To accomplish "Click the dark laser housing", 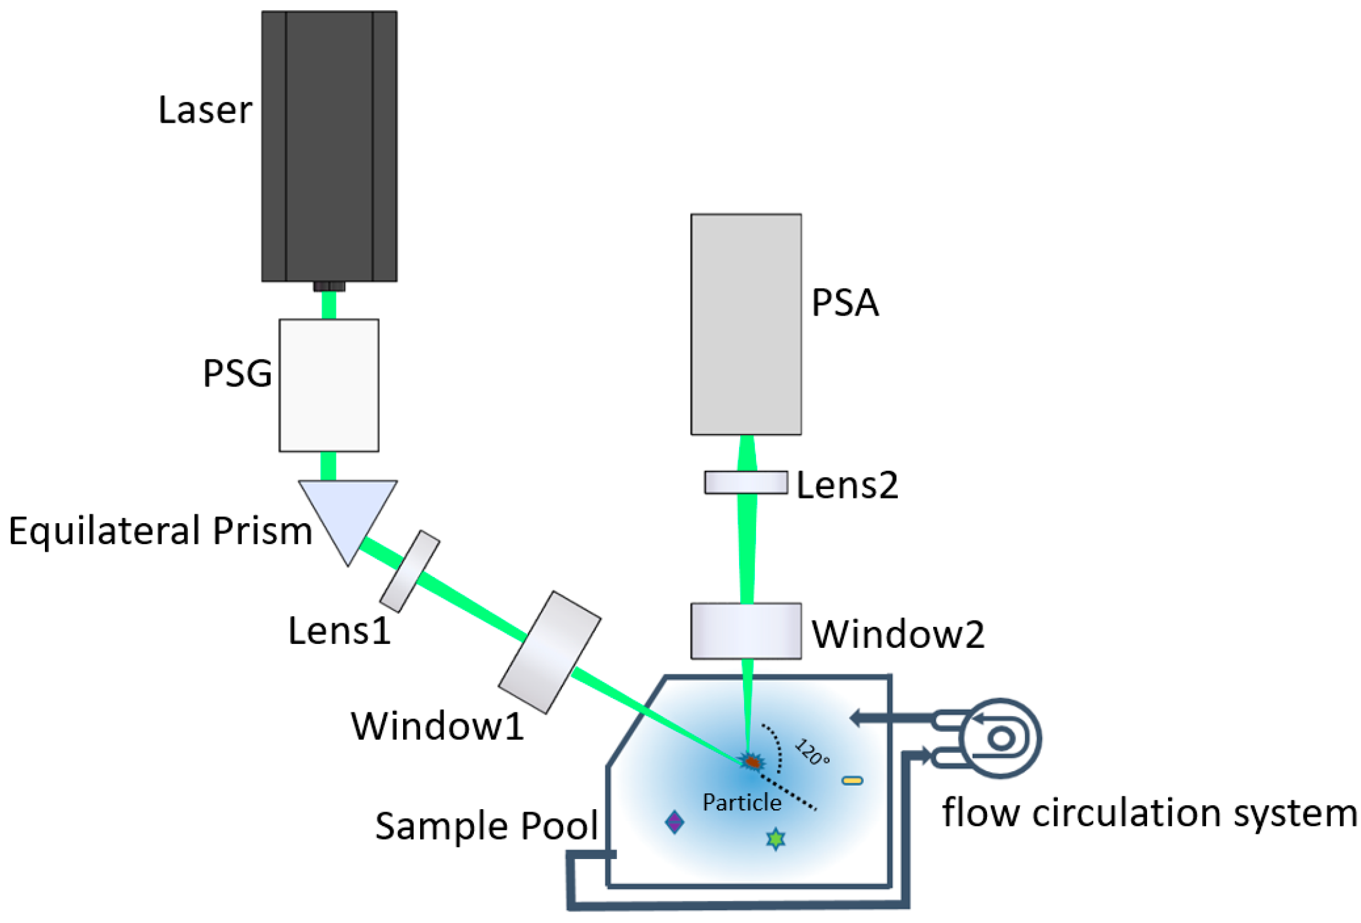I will [x=329, y=146].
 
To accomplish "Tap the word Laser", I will [x=205, y=110].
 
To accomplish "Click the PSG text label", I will [x=237, y=373].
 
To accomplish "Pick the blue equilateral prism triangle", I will [x=347, y=512].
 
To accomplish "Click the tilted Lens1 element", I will [x=410, y=571].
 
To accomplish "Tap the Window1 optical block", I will [x=549, y=652].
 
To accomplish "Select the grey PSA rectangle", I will [x=746, y=324].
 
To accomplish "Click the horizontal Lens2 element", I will [x=746, y=483].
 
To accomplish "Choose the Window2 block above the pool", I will [x=746, y=631].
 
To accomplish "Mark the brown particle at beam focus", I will [x=752, y=762].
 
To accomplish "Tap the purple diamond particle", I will [x=674, y=822].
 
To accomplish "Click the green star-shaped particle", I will [x=776, y=839].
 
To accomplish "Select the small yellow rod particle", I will [x=852, y=781].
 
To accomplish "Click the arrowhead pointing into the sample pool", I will [x=858, y=717].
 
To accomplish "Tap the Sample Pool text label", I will [x=486, y=826].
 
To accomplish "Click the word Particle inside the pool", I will [x=742, y=802].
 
